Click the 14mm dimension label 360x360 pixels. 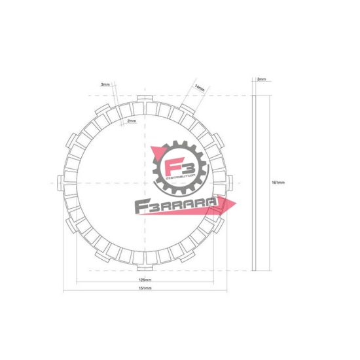click(200, 88)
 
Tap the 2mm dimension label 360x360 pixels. click(131, 120)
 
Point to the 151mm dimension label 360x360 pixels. click(145, 289)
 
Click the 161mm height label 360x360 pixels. click(278, 183)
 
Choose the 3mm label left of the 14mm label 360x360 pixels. click(105, 84)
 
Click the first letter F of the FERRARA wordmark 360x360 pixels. click(139, 208)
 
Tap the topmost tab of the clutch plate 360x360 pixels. click(144, 99)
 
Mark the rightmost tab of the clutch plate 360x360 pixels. click(226, 181)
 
